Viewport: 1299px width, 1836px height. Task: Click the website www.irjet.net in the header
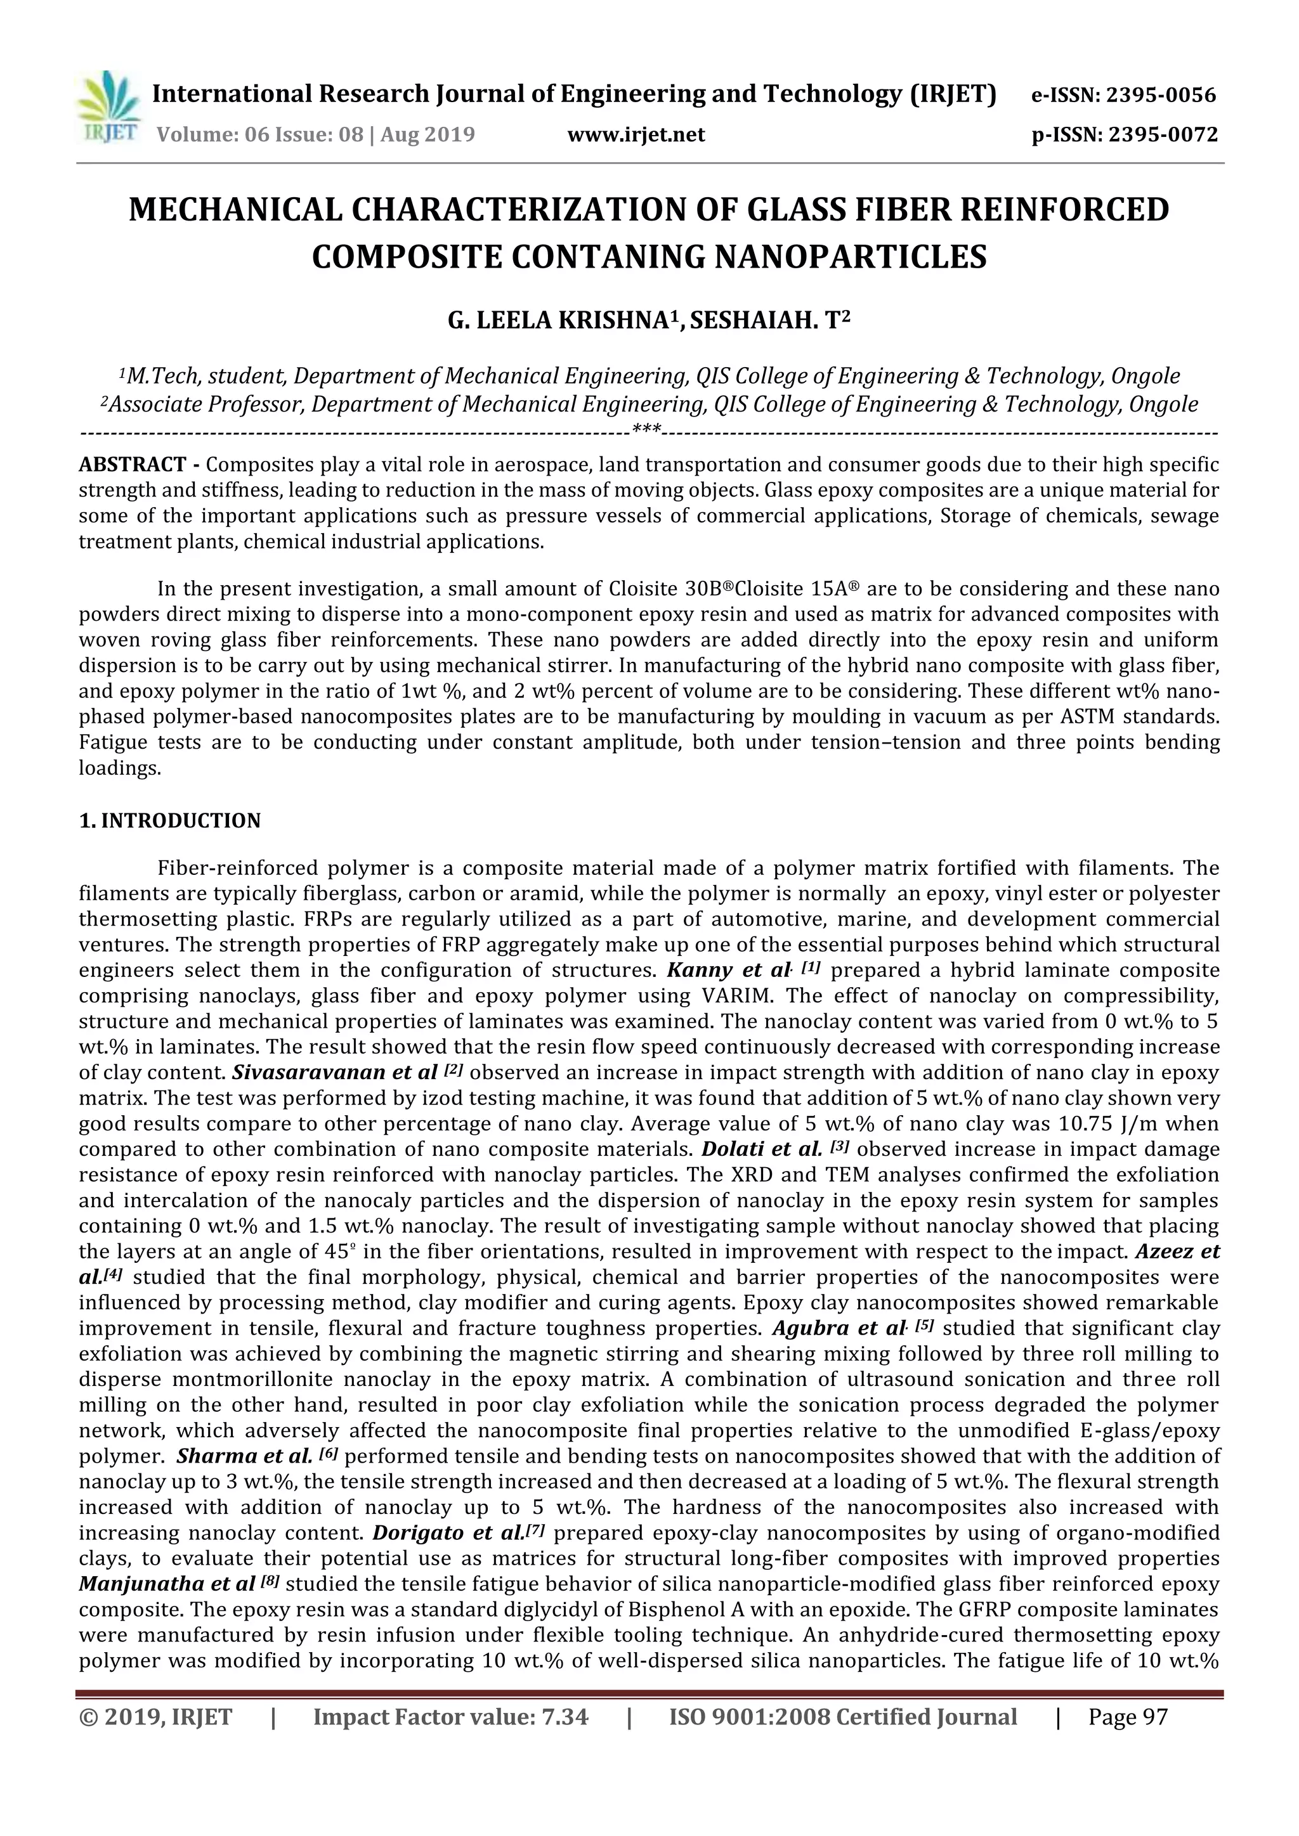point(636,134)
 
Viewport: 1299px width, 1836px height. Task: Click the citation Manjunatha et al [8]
point(179,1585)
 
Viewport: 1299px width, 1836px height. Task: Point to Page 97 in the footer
point(1127,1717)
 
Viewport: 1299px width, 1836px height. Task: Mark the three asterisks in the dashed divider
point(646,429)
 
